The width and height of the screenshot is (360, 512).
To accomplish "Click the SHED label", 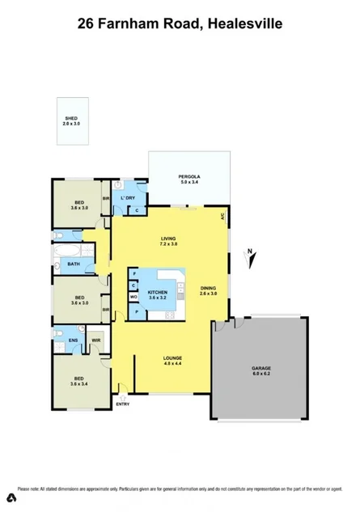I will click(72, 118).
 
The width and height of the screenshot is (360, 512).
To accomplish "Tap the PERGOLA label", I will click(189, 177).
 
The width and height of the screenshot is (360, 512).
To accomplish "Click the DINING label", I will click(208, 288).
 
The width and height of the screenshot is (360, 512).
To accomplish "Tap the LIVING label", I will click(168, 238).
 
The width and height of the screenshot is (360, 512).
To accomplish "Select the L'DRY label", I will click(127, 197).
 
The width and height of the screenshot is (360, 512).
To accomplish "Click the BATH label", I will click(74, 264).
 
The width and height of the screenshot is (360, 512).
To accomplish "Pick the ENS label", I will click(72, 340).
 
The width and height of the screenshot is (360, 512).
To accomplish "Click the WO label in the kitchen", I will click(133, 298).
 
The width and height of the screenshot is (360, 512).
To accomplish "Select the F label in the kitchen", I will click(133, 275).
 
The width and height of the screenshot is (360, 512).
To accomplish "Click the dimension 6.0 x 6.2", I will click(260, 375).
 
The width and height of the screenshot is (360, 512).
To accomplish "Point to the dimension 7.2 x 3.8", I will click(168, 243).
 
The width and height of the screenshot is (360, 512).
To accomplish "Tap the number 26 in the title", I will click(86, 24).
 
